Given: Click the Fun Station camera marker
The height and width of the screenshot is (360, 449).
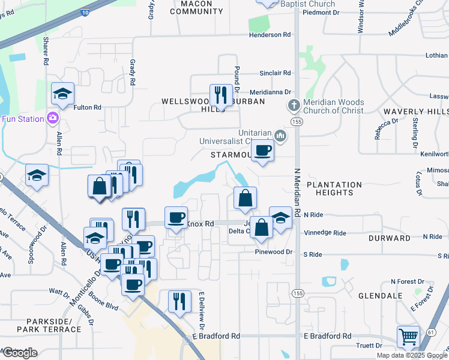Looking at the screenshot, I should (x=53, y=118).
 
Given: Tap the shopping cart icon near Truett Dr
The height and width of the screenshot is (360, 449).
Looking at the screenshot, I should (x=408, y=337).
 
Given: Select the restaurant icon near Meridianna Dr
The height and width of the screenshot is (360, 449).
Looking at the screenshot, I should (x=221, y=94).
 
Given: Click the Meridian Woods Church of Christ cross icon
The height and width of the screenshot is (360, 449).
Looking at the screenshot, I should (x=294, y=106).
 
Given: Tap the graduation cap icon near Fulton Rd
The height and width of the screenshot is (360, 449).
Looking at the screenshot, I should (x=62, y=93).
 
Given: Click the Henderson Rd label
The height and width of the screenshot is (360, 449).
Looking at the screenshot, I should (x=270, y=35).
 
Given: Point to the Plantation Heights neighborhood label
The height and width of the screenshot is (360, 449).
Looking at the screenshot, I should (x=334, y=188).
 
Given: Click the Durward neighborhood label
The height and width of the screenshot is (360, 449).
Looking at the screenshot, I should (x=390, y=238).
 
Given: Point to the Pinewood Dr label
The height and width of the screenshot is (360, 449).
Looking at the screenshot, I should (x=277, y=253).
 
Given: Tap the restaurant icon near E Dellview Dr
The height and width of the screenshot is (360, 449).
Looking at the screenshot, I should (x=178, y=300).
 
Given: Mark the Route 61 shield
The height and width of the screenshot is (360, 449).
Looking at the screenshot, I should (x=431, y=332).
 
